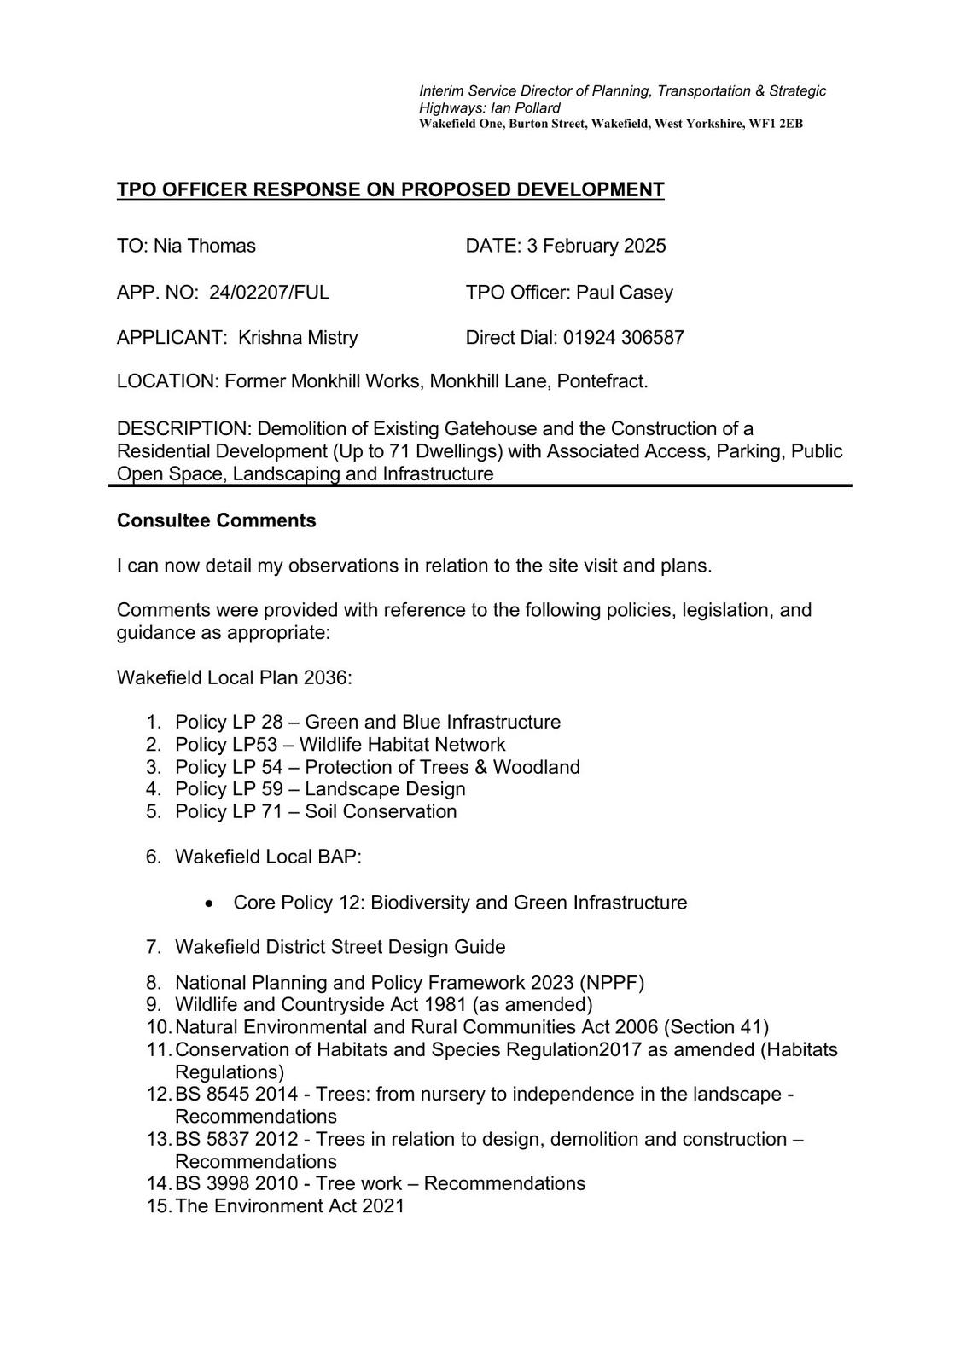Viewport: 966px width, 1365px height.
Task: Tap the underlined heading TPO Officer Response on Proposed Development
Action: [390, 189]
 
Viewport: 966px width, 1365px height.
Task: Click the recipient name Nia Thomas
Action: [205, 246]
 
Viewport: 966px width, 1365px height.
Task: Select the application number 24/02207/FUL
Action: [270, 293]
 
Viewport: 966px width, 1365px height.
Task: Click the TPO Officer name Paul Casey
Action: [625, 293]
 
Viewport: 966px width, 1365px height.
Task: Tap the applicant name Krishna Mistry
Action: [298, 337]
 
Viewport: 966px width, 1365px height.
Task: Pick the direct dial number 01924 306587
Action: [624, 337]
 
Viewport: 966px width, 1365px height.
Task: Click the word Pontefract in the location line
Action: [602, 380]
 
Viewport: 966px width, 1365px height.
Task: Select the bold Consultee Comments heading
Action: [216, 520]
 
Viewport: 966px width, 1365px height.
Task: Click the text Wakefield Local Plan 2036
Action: [234, 677]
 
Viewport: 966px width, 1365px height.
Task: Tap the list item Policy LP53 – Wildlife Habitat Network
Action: [340, 745]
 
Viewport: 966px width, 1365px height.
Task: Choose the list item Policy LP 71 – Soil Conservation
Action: [316, 811]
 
